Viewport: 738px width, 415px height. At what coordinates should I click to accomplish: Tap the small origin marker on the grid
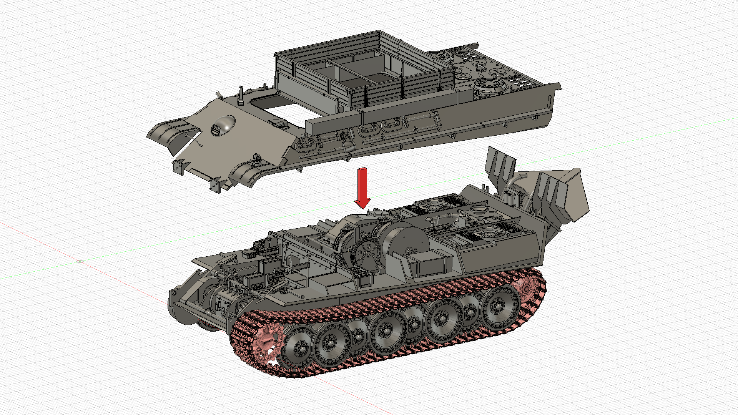pos(80,261)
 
